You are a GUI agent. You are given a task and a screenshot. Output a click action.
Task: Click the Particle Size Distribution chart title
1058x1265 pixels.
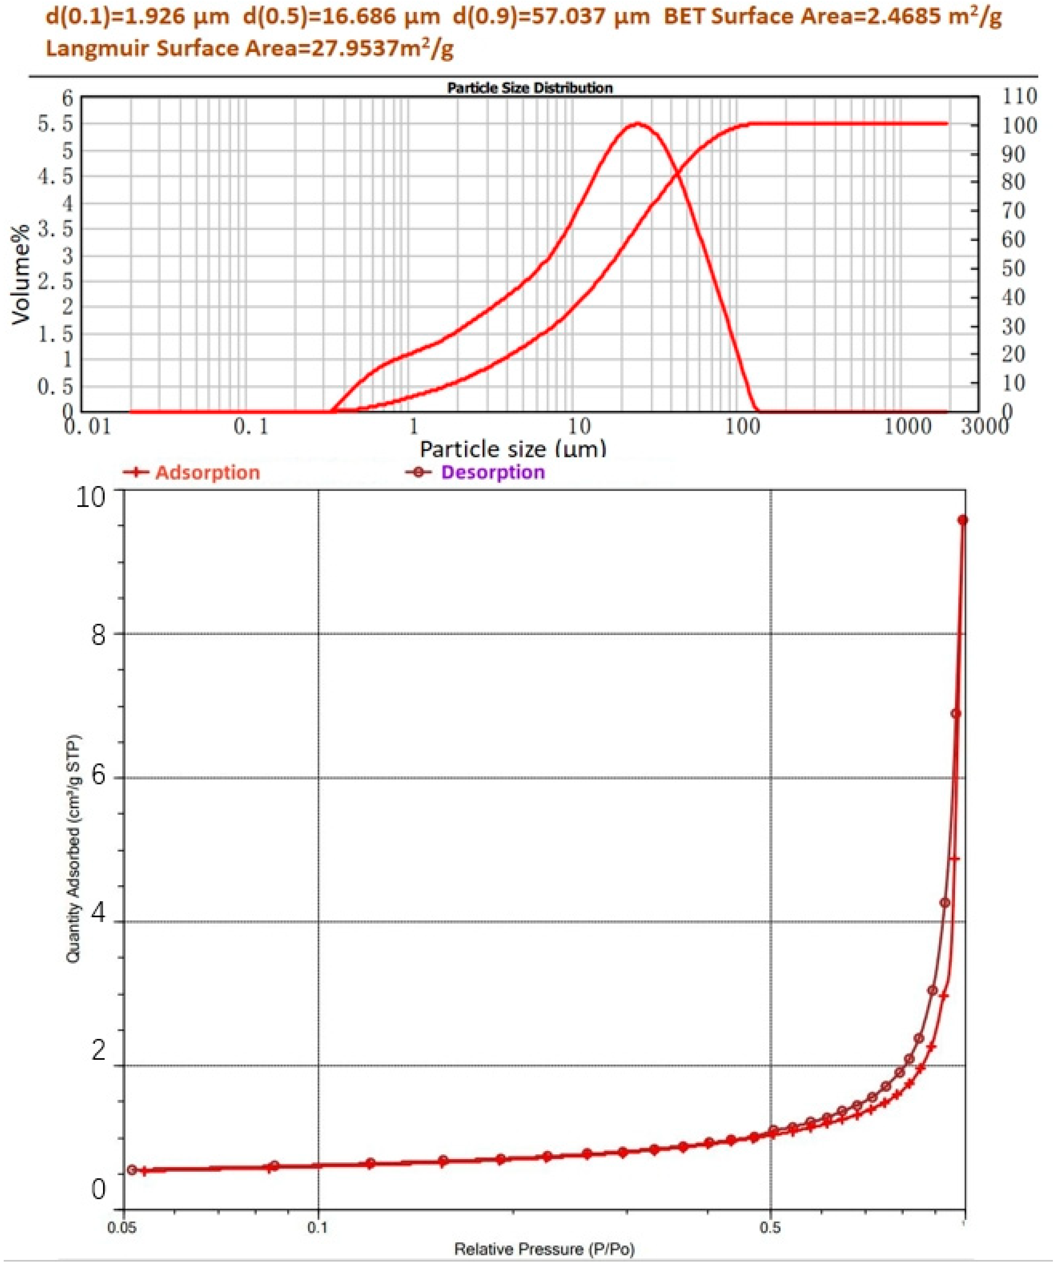click(530, 88)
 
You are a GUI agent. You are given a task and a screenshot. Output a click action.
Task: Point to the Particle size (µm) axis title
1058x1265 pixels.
click(513, 449)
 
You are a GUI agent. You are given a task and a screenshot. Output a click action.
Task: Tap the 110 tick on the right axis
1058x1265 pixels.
click(1018, 96)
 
